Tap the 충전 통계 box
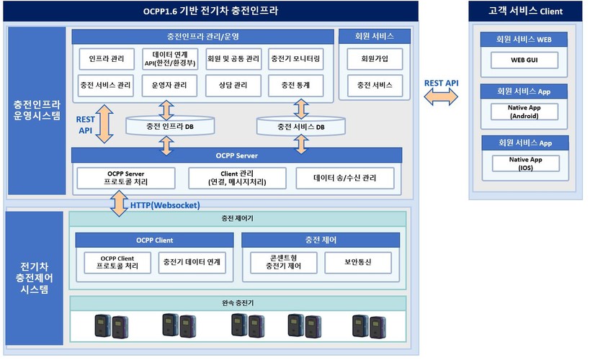tap(295, 86)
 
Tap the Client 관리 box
tap(236, 178)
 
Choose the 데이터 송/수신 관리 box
tap(344, 178)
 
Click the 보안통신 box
tap(358, 262)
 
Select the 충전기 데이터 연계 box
tap(192, 262)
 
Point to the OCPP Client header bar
tap(155, 240)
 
